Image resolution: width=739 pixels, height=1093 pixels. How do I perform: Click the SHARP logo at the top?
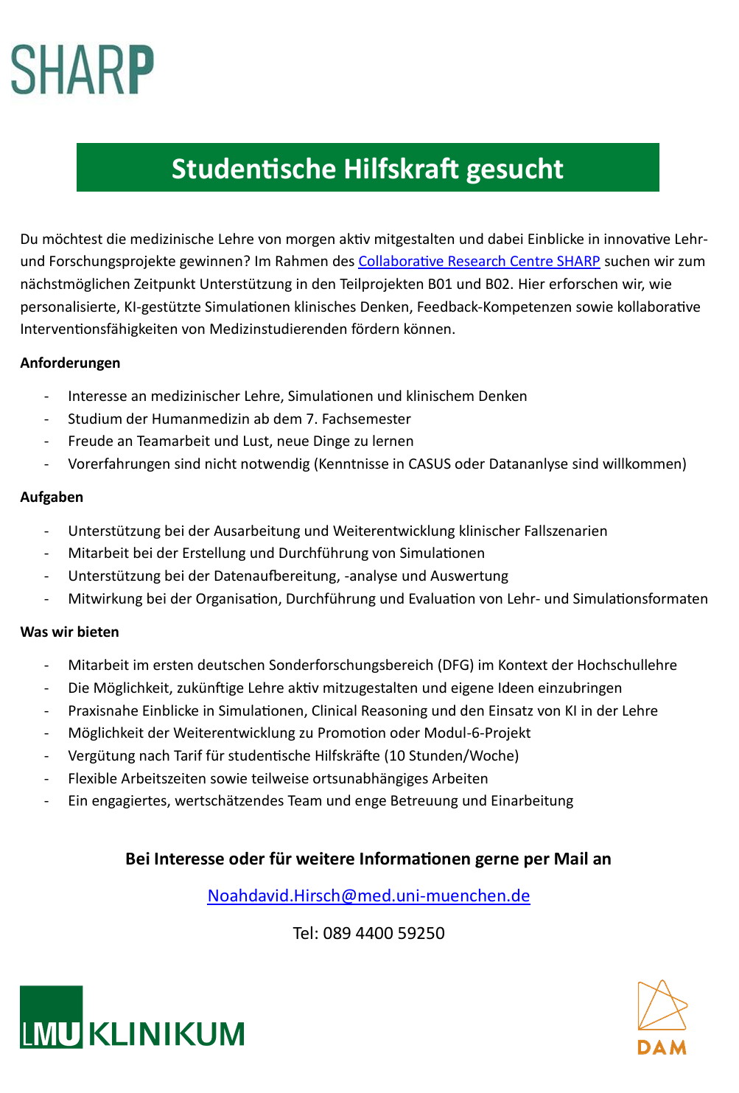82,70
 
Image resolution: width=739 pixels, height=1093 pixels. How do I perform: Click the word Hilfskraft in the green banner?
399,169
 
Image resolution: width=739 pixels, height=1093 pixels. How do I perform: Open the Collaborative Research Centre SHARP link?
479,262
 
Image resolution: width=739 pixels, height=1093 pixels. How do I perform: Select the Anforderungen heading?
70,363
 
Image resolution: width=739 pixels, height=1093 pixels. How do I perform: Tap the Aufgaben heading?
52,497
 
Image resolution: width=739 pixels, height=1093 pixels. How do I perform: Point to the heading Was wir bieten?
69,632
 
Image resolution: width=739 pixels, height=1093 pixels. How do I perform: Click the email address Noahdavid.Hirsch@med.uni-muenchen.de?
368,895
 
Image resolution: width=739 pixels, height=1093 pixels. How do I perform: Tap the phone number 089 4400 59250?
383,933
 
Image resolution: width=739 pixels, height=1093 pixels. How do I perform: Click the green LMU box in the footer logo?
51,1017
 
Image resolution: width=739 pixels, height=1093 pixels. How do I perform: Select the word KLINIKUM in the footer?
167,1034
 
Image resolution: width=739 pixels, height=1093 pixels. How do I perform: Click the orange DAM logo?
662,1017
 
